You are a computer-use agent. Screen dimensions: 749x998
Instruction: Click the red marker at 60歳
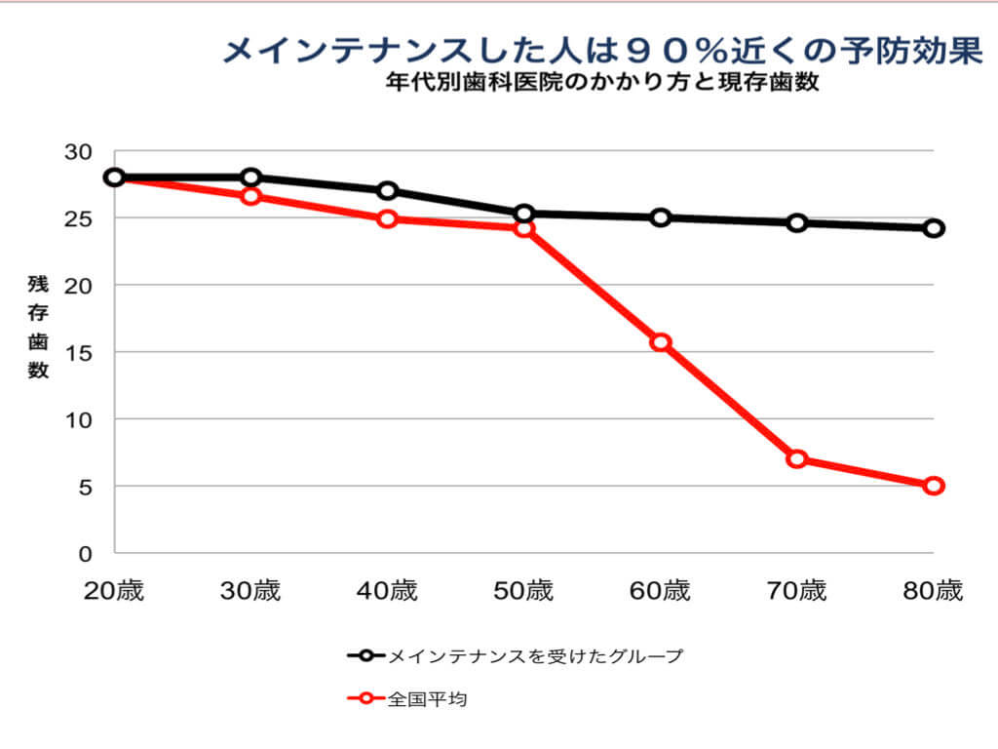661,342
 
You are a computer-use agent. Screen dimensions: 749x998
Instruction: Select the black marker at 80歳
934,228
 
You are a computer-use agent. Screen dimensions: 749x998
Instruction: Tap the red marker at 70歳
797,458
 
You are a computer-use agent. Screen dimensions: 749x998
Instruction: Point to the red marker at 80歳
934,486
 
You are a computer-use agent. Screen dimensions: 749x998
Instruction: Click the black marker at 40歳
388,190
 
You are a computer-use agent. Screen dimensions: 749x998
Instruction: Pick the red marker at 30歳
251,196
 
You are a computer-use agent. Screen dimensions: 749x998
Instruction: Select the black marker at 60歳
661,217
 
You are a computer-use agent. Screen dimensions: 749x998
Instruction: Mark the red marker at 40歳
388,218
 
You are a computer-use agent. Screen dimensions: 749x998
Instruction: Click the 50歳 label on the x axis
524,591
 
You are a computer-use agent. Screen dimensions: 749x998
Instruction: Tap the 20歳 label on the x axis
115,591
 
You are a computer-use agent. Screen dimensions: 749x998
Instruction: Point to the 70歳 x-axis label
797,591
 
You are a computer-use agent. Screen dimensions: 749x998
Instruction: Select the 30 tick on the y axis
79,152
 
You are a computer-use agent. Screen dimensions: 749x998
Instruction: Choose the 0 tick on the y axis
85,553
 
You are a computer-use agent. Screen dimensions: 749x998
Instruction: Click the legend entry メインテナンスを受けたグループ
535,655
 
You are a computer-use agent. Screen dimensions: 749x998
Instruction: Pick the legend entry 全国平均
428,698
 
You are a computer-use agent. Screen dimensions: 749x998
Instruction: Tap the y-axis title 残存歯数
38,327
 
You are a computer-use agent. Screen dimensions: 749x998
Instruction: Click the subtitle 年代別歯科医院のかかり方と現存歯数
599,83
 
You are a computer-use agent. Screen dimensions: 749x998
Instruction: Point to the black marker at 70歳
797,222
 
